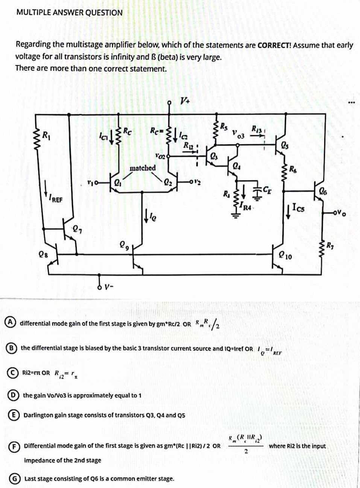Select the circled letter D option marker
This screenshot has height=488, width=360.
[12, 395]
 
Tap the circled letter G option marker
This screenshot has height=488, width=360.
[14, 479]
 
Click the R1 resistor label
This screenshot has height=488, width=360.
[46, 134]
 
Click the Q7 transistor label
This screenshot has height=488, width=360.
[76, 227]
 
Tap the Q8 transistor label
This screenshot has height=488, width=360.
[43, 254]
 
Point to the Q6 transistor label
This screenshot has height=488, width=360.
[323, 191]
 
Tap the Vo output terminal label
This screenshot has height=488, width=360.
[341, 213]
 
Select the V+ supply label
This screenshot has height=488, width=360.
[185, 101]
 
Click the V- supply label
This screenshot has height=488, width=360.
[108, 287]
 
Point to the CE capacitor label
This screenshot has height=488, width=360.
[267, 189]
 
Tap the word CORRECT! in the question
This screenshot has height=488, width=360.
[274, 46]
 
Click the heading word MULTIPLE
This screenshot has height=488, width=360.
[33, 12]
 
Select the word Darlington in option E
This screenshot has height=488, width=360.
[38, 415]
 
